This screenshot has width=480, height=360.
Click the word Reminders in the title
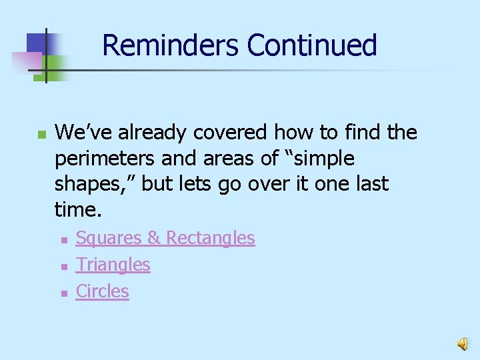click(x=171, y=45)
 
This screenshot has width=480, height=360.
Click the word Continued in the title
click(x=312, y=45)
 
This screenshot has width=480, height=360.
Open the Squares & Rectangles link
click(x=165, y=238)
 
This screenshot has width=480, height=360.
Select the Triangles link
click(x=113, y=265)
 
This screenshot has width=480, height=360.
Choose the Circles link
click(x=102, y=291)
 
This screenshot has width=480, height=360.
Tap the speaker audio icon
click(x=462, y=343)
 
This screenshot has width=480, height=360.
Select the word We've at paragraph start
click(x=83, y=133)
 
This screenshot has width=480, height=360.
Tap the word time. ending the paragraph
click(x=78, y=211)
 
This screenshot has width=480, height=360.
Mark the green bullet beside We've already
click(x=41, y=135)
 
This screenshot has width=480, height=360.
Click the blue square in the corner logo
click(x=37, y=45)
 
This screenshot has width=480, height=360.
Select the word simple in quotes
click(x=321, y=159)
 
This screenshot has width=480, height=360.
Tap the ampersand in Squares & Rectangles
click(x=153, y=238)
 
